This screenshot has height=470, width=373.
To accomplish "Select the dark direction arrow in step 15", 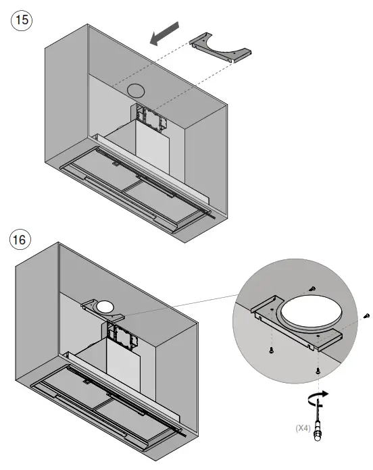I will [x=166, y=34].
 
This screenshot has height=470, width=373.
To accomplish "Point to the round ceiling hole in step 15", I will [x=136, y=90].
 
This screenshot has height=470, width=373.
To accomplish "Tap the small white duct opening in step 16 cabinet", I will [x=105, y=307].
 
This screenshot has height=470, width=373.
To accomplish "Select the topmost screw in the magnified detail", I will [x=312, y=288].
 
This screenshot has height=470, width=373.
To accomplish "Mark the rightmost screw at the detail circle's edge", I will [x=366, y=315].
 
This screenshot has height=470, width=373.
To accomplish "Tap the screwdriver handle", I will [x=318, y=439].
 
